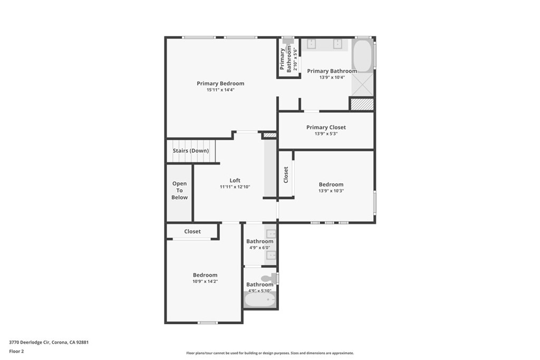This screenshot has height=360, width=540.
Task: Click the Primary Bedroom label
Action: click(x=220, y=83)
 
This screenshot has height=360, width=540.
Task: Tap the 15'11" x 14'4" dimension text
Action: click(x=220, y=90)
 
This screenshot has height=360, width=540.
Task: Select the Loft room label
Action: click(x=235, y=180)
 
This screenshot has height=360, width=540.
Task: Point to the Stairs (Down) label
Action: click(x=191, y=151)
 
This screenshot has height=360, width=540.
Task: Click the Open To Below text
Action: click(x=179, y=190)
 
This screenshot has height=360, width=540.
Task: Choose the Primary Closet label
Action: click(x=326, y=127)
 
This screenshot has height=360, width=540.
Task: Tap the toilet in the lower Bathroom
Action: click(x=269, y=277)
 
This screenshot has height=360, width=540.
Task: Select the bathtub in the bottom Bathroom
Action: click(x=259, y=300)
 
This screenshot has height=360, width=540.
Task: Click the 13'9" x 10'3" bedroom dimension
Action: click(x=331, y=191)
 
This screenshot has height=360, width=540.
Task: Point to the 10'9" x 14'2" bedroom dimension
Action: click(x=205, y=281)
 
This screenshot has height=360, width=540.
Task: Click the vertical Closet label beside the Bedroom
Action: click(x=286, y=174)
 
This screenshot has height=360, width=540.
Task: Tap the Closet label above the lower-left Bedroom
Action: click(x=192, y=231)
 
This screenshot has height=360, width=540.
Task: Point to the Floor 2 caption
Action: click(x=17, y=351)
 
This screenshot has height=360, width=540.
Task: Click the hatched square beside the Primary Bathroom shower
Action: click(x=362, y=104)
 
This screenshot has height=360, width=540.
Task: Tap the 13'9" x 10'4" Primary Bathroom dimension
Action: click(x=332, y=77)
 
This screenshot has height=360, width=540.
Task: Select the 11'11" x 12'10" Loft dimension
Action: click(x=235, y=187)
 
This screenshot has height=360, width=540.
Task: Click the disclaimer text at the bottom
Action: click(x=269, y=353)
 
